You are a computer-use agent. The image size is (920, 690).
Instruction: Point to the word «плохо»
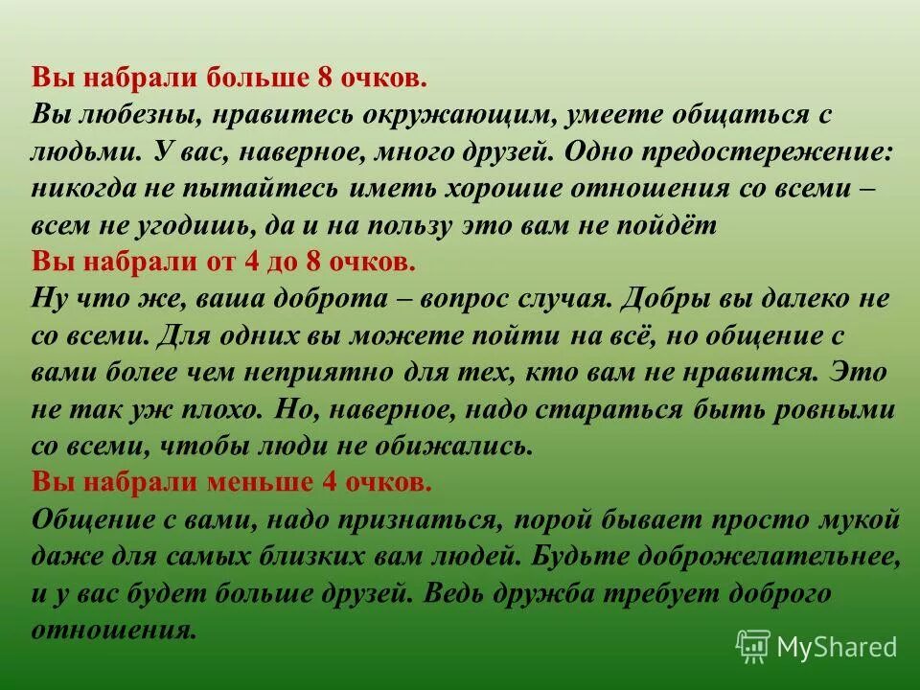coord(218,409)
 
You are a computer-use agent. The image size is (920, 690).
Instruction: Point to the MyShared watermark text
coord(837,647)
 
